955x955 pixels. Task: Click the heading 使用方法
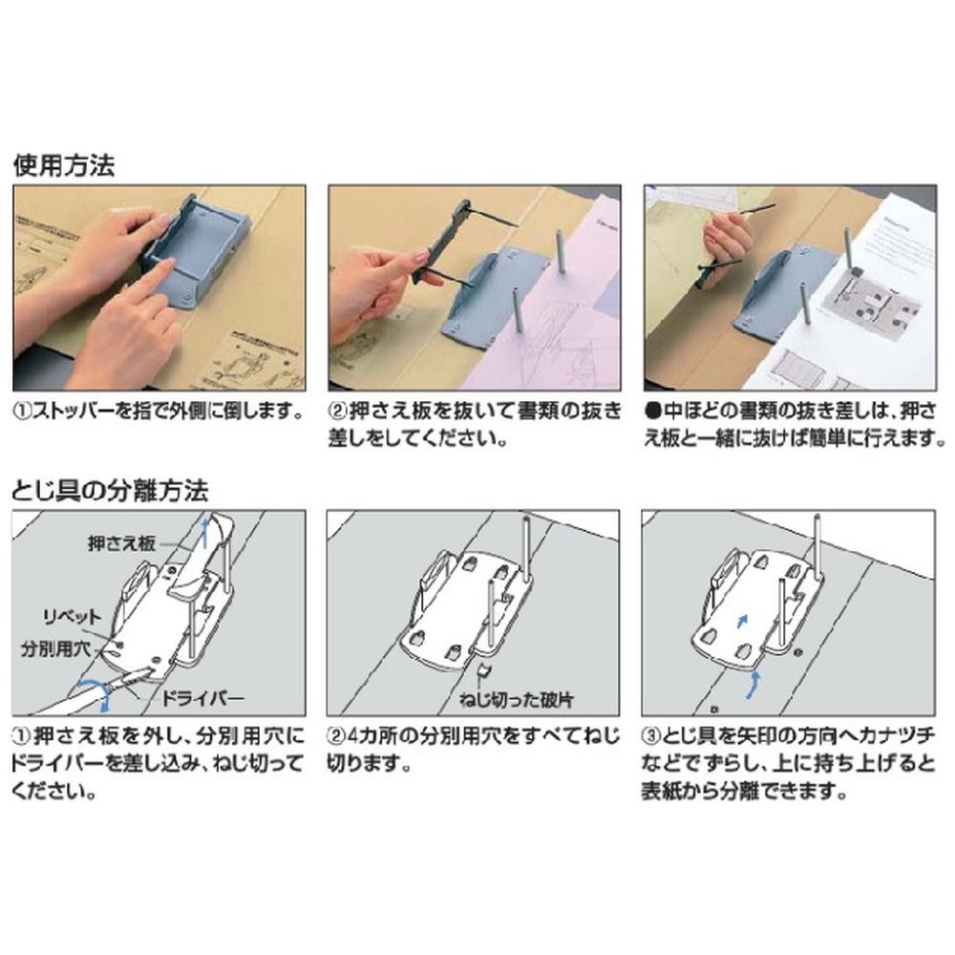click(x=64, y=165)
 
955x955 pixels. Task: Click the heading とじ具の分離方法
click(x=110, y=490)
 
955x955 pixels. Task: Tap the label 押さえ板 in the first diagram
click(x=121, y=543)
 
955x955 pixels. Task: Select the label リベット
click(x=73, y=618)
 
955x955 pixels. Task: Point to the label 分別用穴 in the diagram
click(x=55, y=649)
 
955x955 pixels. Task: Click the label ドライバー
click(x=202, y=698)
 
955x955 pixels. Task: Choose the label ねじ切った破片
click(x=517, y=700)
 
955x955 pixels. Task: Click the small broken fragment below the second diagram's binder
click(x=484, y=671)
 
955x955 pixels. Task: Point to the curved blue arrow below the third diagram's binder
click(x=754, y=685)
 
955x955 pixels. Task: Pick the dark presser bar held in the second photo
click(x=441, y=243)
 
